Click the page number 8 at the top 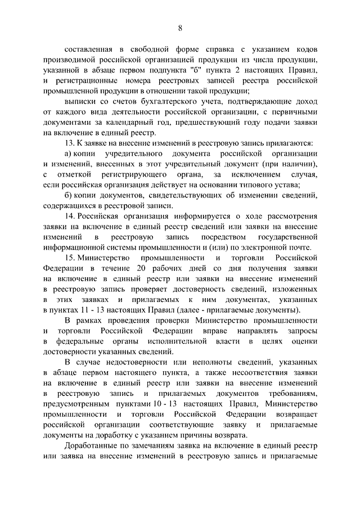click(179, 29)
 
